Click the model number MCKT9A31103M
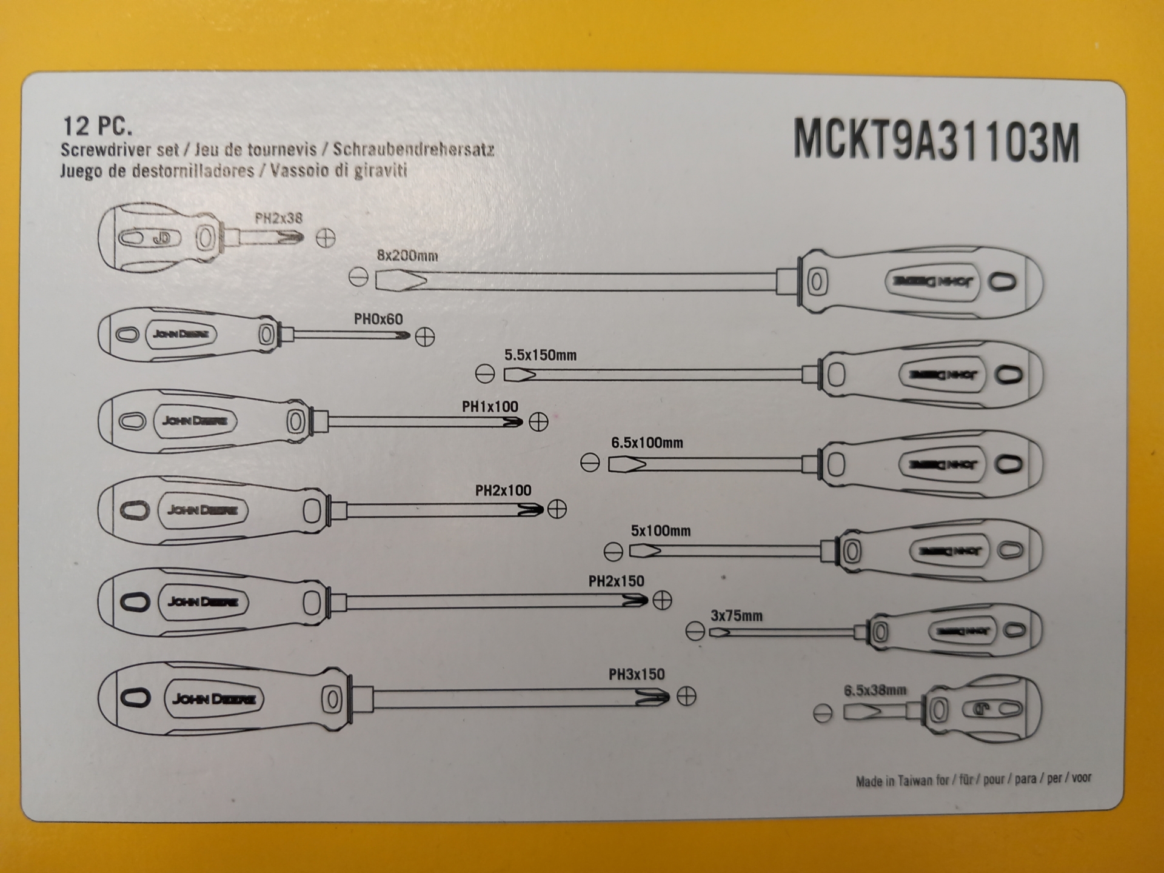click(936, 141)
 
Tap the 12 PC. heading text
click(97, 126)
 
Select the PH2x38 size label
click(278, 218)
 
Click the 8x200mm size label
click(407, 256)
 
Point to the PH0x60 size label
click(378, 319)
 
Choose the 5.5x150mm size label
click(540, 355)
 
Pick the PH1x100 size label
click(490, 407)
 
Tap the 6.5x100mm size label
click(647, 443)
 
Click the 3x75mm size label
click(737, 617)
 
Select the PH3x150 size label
click(637, 675)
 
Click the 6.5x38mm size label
click(875, 691)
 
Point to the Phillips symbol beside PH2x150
click(662, 601)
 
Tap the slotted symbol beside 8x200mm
click(359, 278)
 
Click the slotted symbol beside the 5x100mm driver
click(614, 552)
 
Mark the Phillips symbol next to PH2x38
click(326, 238)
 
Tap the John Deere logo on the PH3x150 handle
click(214, 700)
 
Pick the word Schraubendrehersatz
click(413, 150)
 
